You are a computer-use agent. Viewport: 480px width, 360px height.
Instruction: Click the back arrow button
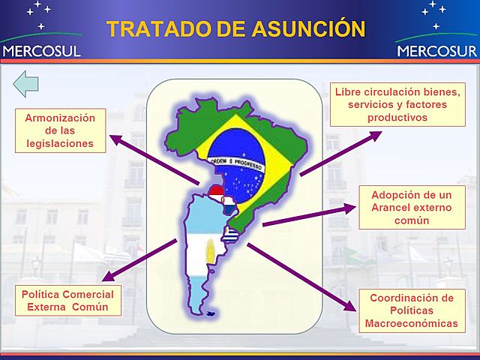[26, 84]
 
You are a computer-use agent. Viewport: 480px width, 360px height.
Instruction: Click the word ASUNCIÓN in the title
[309, 28]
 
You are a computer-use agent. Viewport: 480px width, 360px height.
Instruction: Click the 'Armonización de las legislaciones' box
[60, 130]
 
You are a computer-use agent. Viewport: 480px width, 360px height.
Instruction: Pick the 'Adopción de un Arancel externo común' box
[411, 208]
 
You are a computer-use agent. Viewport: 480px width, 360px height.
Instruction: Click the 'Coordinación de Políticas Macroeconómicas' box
[411, 310]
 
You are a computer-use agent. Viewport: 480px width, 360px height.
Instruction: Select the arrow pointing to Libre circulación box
[341, 153]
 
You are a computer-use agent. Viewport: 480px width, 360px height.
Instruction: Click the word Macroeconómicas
[411, 323]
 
